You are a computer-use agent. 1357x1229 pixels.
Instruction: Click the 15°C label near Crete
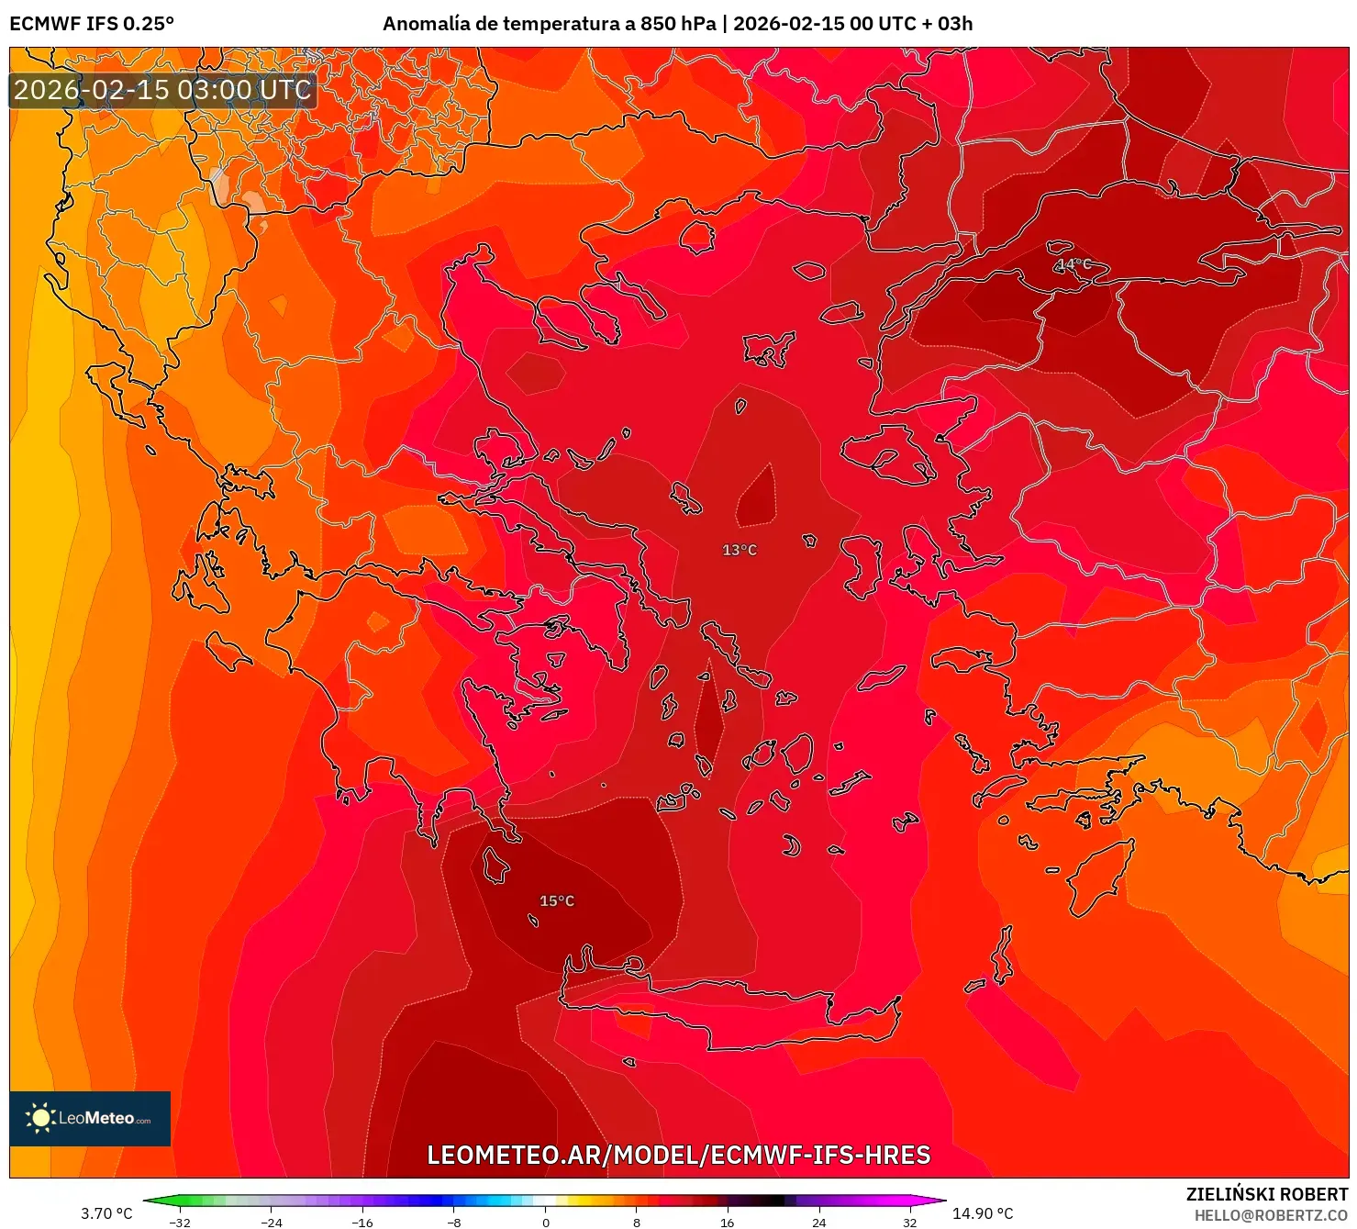pos(557,901)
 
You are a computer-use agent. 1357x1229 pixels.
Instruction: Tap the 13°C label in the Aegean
pos(740,550)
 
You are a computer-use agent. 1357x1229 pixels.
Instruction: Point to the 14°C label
pos(1074,264)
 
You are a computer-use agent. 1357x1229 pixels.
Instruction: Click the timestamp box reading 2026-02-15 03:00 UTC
pos(162,90)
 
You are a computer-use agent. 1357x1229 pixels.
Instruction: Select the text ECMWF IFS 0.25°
pos(92,24)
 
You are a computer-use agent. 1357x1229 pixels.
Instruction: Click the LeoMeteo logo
pos(90,1118)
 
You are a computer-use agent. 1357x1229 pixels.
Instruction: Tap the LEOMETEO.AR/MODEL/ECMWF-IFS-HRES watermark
pos(679,1155)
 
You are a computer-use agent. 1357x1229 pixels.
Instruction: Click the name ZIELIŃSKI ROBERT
pos(1267,1194)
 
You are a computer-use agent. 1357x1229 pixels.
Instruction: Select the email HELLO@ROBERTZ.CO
pos(1271,1215)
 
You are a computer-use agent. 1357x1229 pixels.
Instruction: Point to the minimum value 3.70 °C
pos(106,1213)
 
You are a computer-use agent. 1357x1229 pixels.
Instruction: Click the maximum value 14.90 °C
pos(983,1213)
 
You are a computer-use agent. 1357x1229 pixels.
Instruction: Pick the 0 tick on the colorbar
pos(546,1223)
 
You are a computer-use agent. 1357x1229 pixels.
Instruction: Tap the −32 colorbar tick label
pos(180,1223)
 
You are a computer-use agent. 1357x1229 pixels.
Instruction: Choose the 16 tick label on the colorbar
pos(728,1223)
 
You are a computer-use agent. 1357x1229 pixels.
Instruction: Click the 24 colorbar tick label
pos(818,1223)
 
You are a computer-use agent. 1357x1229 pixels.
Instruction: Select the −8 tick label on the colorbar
pos(453,1223)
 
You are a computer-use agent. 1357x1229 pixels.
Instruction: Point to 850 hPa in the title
pos(678,24)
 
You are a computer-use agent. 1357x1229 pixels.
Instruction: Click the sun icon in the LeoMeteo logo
pos(40,1118)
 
